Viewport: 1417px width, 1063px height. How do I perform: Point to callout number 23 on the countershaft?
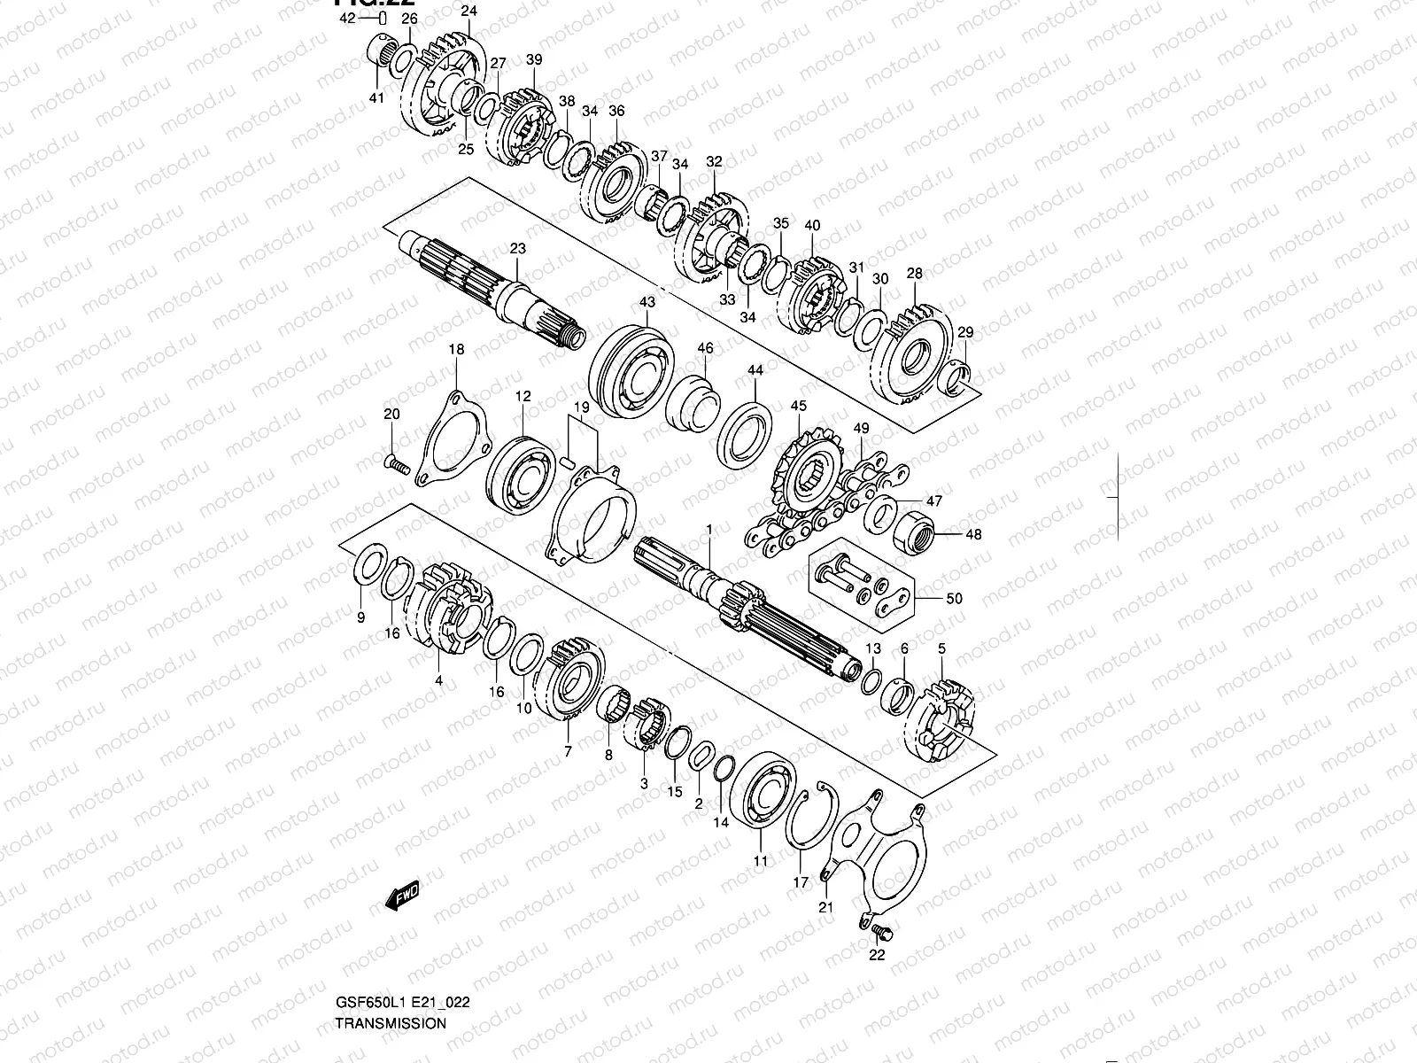(x=517, y=250)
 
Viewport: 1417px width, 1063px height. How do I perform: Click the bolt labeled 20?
(x=396, y=463)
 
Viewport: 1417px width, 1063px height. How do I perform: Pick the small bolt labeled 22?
(x=880, y=931)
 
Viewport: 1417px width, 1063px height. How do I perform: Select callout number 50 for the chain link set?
(x=953, y=598)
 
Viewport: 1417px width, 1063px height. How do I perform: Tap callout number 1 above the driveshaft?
(x=708, y=530)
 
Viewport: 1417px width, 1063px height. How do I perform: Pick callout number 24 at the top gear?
(x=468, y=12)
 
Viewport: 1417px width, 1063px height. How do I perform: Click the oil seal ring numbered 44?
(x=745, y=431)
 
